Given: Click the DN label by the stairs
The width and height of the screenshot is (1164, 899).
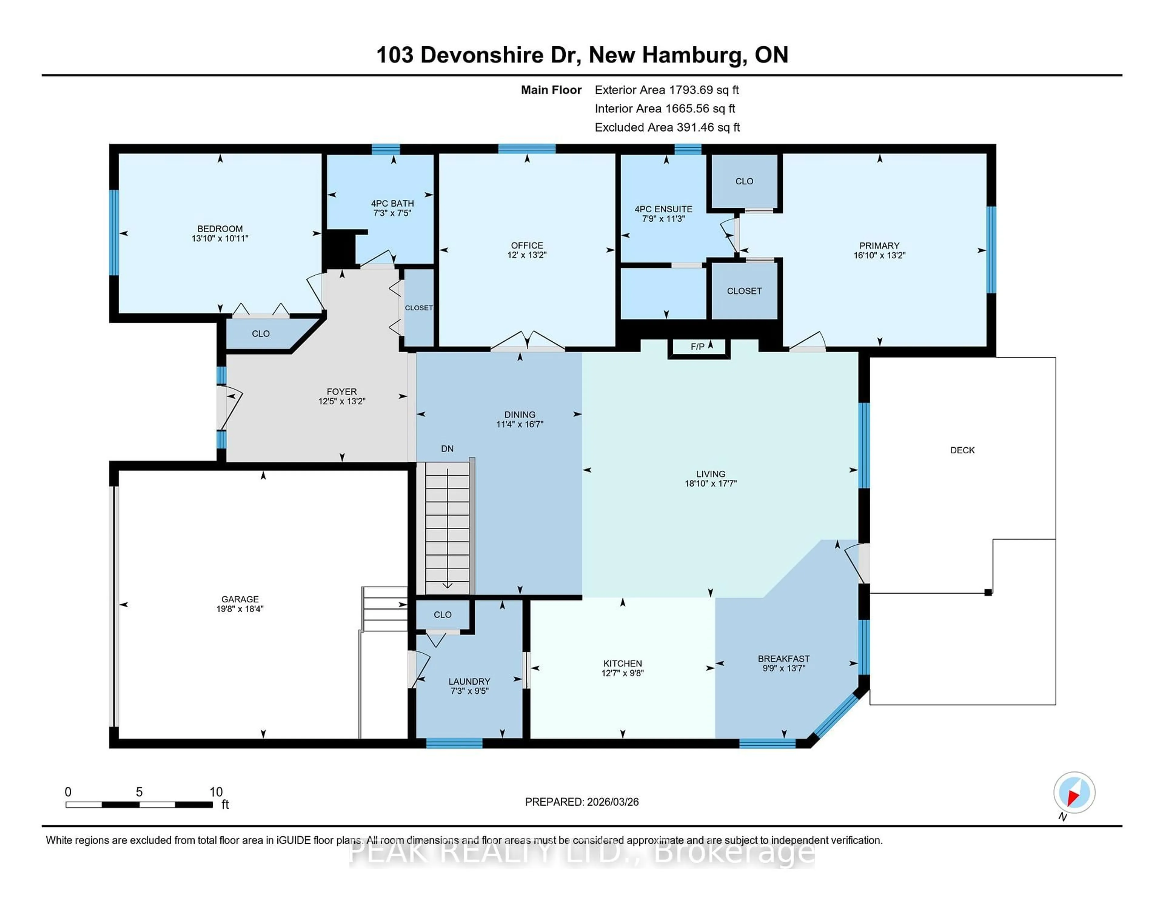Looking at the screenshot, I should [x=447, y=448].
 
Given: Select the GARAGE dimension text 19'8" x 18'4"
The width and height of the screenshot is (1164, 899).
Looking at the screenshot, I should [x=240, y=609].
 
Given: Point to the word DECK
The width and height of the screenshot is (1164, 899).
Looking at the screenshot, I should [x=962, y=450].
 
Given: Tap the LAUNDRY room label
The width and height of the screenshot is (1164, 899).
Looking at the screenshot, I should [x=469, y=681].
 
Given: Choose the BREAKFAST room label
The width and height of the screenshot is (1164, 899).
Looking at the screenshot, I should [x=784, y=659].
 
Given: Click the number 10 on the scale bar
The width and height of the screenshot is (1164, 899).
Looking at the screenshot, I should [x=216, y=792].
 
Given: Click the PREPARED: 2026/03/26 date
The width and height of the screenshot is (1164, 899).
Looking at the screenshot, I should [x=581, y=801].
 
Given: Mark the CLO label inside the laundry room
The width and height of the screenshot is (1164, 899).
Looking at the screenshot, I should [x=442, y=615].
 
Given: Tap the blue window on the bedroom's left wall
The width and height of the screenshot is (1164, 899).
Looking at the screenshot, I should [x=114, y=233].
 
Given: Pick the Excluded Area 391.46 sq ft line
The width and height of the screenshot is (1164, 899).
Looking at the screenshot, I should [x=667, y=127].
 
